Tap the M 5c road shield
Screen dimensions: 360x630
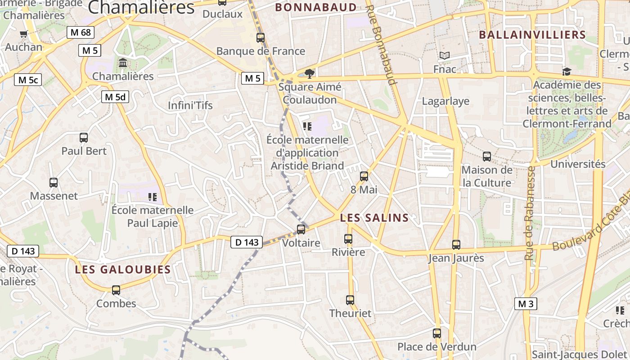coord(28,80)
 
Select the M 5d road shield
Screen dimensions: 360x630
coord(115,96)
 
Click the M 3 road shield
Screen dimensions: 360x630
coord(526,304)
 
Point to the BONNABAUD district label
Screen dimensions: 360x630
coord(316,8)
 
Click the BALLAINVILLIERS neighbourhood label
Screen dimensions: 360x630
coord(532,35)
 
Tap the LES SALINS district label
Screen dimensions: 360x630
coord(374,218)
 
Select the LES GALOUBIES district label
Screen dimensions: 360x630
coord(123,270)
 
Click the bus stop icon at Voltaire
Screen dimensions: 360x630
coord(301,229)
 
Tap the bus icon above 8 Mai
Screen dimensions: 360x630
coord(364,176)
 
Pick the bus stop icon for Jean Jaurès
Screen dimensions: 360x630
coord(456,245)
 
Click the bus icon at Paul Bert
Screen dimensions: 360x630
coord(84,138)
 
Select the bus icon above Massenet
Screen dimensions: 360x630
coord(54,183)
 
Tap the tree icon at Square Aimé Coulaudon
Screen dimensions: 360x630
coord(309,73)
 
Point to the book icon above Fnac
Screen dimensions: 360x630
coord(445,56)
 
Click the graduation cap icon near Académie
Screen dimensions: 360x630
coord(567,72)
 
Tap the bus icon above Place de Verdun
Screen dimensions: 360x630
coord(437,333)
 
